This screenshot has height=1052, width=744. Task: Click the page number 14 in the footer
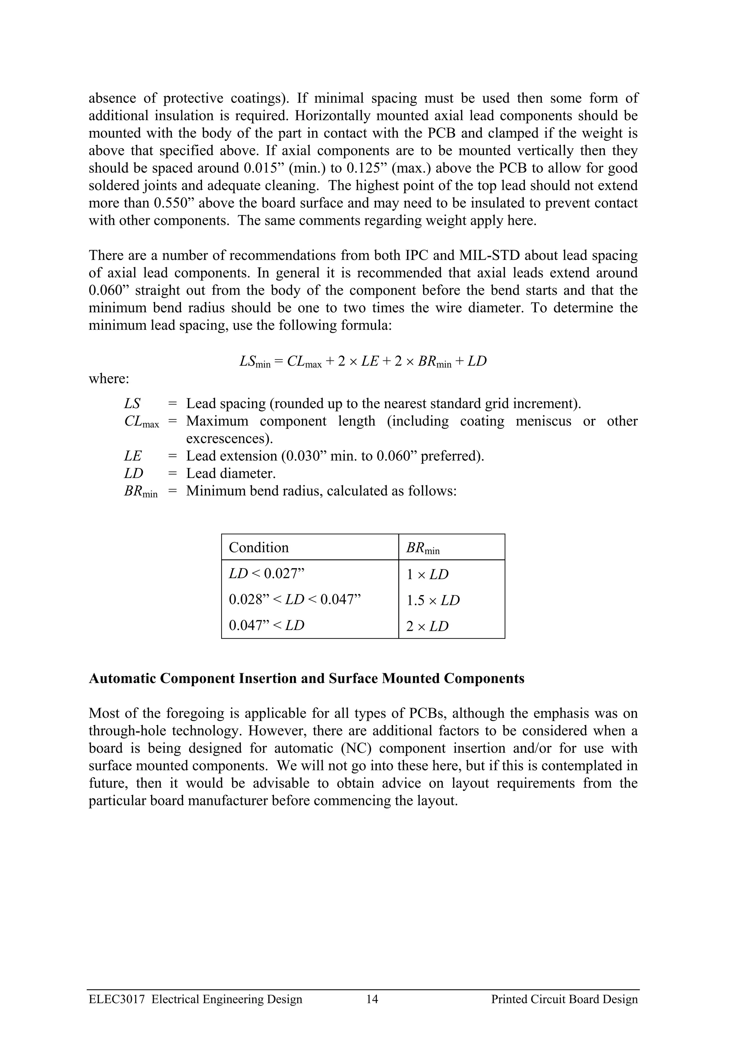coord(372,1012)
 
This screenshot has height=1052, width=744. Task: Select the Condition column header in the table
coord(259,547)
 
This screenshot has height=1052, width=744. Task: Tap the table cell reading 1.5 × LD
coord(433,600)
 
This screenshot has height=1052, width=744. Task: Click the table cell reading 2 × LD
coord(427,626)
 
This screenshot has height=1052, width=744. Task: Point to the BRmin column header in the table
coord(422,548)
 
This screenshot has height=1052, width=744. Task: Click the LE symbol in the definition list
coord(133,456)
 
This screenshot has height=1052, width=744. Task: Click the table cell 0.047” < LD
coord(266,625)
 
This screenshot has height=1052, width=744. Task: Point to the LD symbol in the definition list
coord(133,473)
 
